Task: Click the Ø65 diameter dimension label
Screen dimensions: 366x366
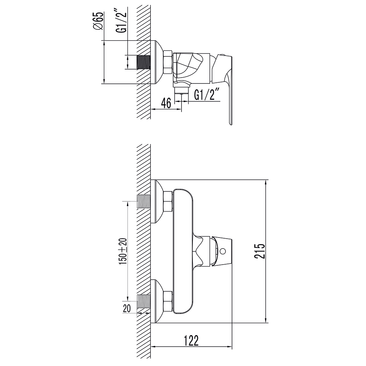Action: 98,21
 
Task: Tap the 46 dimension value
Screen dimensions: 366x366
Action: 166,103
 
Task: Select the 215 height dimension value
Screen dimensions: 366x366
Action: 260,251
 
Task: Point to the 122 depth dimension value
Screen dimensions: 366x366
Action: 191,340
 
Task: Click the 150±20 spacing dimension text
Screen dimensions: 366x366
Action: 123,251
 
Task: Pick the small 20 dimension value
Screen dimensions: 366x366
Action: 127,309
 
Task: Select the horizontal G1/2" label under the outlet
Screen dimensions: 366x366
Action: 205,95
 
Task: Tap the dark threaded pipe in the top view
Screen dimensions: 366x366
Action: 143,62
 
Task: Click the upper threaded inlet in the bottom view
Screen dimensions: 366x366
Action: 143,201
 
